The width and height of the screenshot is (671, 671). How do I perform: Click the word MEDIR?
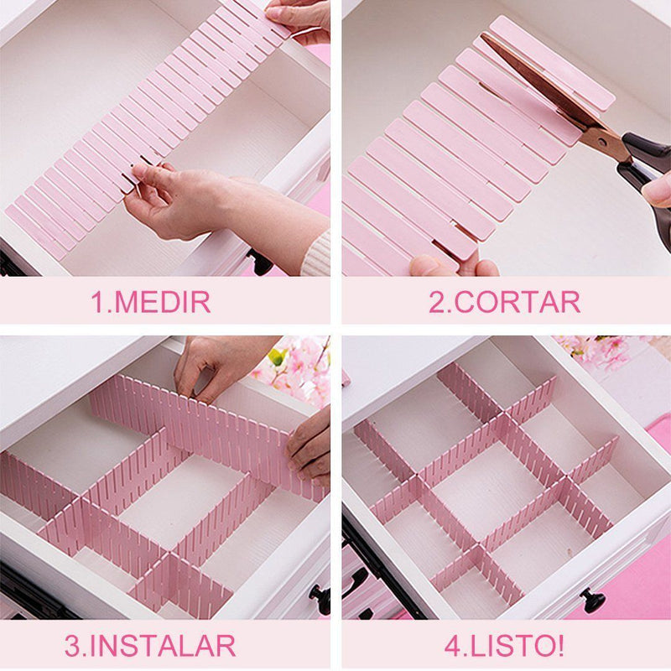click(163, 302)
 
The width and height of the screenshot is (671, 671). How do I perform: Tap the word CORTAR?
click(517, 302)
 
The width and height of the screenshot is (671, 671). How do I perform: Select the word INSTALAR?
click(163, 645)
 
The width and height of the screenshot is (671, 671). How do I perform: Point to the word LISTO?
click(517, 645)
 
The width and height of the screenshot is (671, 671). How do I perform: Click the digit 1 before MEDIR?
click(97, 302)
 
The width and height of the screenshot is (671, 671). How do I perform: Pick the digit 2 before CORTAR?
click(437, 302)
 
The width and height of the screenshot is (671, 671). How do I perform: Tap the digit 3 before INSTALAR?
click(73, 646)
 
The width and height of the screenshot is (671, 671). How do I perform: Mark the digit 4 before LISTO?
click(453, 646)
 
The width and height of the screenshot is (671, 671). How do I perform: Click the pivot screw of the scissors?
click(602, 142)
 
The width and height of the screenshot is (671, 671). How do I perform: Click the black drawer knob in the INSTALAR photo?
click(321, 598)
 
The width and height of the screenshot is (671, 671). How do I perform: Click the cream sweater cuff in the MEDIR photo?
click(316, 256)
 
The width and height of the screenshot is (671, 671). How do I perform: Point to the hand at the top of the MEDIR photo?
click(299, 19)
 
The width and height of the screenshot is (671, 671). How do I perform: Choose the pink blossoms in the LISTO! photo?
click(599, 351)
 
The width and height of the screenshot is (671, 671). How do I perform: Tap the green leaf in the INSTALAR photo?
click(278, 356)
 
